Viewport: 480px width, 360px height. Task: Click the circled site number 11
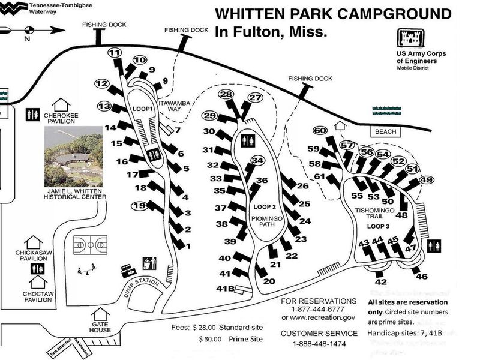tap(115, 53)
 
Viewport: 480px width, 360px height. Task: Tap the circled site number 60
tap(320, 131)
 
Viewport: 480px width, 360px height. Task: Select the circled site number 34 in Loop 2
tap(257, 161)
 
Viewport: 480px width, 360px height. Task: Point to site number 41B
tap(224, 289)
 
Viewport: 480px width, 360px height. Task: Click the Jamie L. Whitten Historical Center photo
tap(73, 155)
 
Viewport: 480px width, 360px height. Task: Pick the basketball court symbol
tap(90, 245)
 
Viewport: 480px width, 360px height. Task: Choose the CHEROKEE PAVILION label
tap(61, 117)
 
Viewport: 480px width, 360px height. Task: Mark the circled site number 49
tap(427, 180)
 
